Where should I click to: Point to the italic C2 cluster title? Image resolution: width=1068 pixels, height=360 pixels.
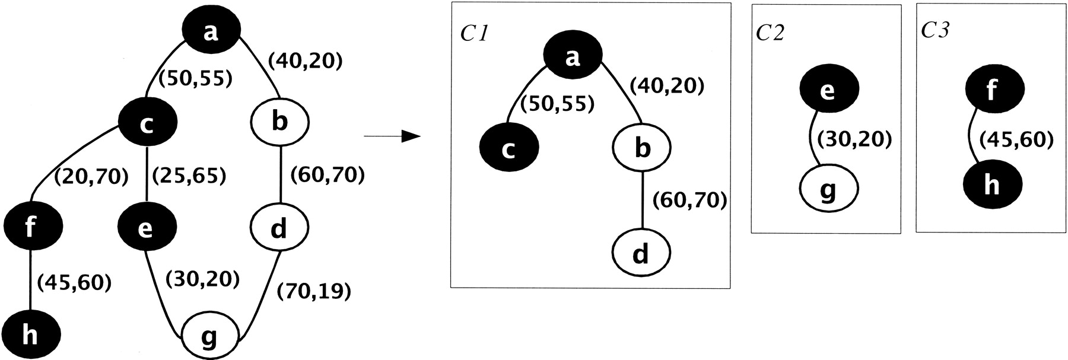click(770, 33)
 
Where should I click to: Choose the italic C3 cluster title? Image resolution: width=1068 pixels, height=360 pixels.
click(935, 30)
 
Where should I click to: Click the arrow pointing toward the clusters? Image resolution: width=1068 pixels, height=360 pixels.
click(392, 137)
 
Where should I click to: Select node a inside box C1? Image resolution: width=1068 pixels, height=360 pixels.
click(572, 58)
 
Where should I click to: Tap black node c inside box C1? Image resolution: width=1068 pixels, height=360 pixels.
click(508, 148)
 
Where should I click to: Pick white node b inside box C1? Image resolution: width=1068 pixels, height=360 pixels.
click(641, 148)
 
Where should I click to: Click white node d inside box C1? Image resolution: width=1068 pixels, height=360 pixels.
click(640, 253)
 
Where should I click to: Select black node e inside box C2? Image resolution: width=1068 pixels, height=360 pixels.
click(828, 91)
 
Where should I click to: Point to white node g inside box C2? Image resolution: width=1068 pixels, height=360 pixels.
click(828, 189)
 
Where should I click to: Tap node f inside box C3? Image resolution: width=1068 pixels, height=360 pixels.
click(992, 91)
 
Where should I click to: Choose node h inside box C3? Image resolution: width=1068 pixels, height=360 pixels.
click(991, 184)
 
